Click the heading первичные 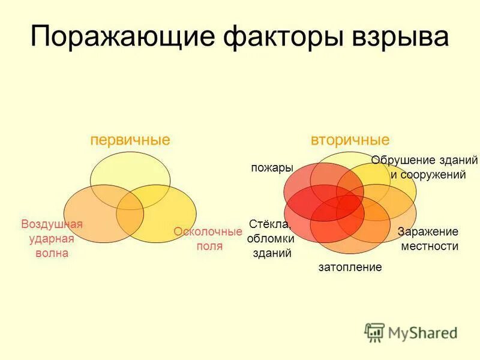click(x=130, y=140)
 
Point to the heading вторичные click(x=350, y=140)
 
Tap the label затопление click(x=350, y=268)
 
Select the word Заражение click(x=428, y=232)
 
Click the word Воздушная click(x=52, y=224)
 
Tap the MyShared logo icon click(x=374, y=331)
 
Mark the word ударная click(x=52, y=239)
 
